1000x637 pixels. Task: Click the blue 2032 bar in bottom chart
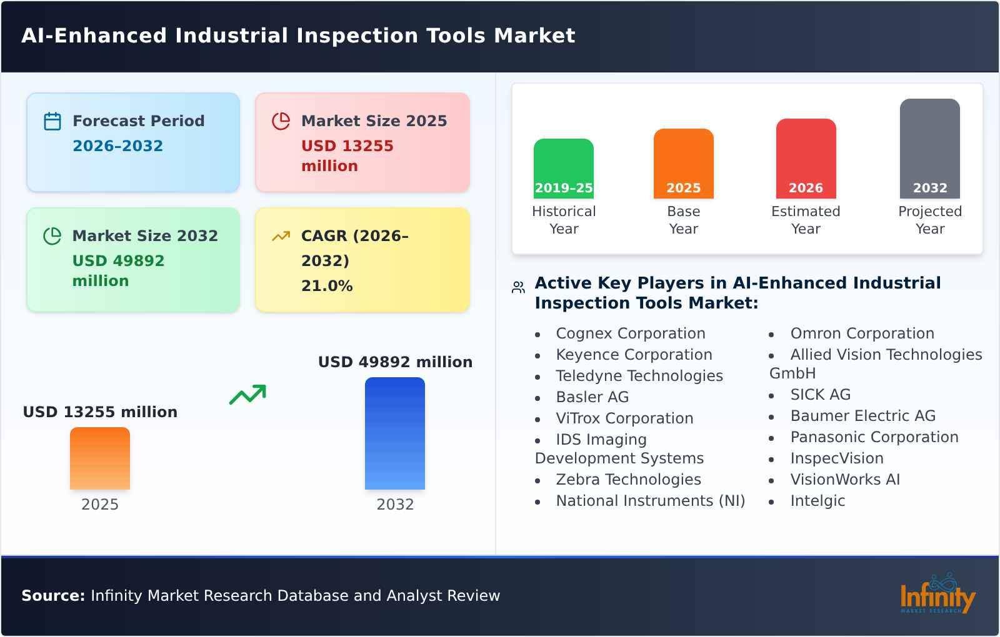click(394, 433)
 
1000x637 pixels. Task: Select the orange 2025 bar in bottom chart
click(100, 458)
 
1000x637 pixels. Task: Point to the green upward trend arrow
click(247, 395)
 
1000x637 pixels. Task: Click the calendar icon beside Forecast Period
click(52, 121)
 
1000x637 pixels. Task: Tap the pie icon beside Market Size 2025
click(281, 121)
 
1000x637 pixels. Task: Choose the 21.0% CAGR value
click(327, 286)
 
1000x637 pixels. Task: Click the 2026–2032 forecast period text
click(117, 146)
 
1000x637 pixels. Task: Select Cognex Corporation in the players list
click(630, 333)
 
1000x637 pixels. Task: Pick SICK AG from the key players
click(820, 395)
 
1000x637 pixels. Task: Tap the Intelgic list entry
click(817, 501)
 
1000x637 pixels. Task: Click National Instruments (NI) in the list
click(650, 501)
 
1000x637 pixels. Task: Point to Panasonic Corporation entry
click(874, 437)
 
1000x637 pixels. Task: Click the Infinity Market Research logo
click(937, 595)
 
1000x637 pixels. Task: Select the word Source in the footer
click(52, 596)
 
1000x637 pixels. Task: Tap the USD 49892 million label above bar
click(395, 362)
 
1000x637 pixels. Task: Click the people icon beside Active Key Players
click(518, 287)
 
